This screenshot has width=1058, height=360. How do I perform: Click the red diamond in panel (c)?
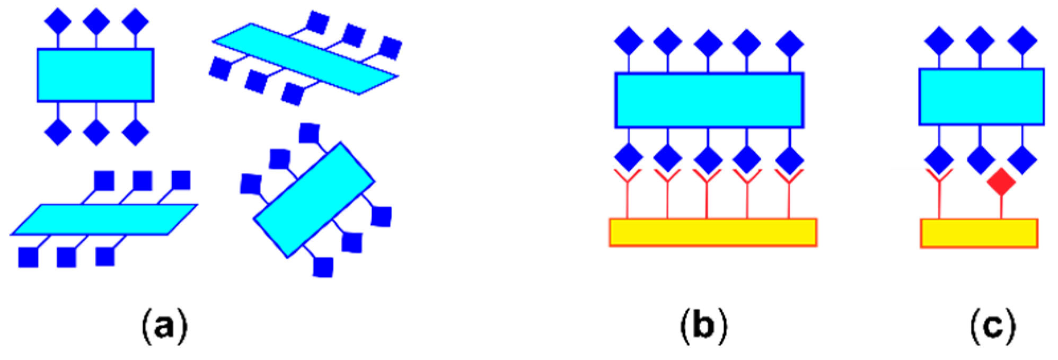[1001, 183]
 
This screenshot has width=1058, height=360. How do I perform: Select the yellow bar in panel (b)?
[712, 232]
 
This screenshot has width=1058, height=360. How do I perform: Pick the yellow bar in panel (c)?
[978, 233]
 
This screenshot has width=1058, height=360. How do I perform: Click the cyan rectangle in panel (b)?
[709, 100]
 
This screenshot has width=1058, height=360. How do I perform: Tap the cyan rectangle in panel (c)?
[981, 96]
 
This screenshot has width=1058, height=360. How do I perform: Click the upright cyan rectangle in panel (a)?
[95, 75]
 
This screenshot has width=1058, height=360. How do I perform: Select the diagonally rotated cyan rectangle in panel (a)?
[314, 200]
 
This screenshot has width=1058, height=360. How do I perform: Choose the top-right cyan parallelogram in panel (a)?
[305, 59]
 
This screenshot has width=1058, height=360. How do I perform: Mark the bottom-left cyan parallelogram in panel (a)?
[104, 219]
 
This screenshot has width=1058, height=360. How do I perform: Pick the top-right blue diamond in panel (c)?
[1021, 40]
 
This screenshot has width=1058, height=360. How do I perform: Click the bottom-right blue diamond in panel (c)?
[1021, 159]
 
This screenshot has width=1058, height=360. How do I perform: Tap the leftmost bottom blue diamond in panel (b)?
[628, 158]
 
